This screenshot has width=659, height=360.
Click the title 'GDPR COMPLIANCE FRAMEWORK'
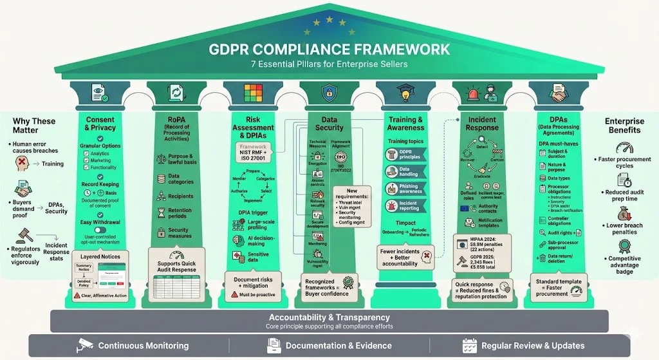[x=329, y=50]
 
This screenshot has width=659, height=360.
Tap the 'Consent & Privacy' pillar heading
[x=100, y=124]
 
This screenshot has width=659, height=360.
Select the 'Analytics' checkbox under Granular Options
[x=86, y=154]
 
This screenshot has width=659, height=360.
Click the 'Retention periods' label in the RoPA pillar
[x=180, y=214]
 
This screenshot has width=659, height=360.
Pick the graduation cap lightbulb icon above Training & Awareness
[x=406, y=94]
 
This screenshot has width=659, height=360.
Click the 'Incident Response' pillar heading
[x=482, y=124]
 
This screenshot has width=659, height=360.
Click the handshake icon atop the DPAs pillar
[x=557, y=95]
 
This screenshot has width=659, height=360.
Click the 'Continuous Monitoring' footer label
[x=143, y=345]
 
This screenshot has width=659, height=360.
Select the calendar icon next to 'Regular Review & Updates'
[x=469, y=345]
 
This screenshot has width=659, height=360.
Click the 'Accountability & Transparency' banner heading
[x=329, y=317]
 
